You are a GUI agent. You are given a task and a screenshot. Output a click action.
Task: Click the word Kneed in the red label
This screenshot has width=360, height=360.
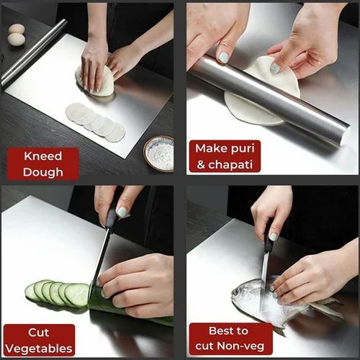(x=42, y=156)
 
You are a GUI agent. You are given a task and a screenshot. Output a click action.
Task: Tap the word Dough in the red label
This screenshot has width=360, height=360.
(x=42, y=171)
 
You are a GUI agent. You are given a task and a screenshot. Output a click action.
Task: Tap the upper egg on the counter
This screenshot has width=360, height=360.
(x=16, y=30)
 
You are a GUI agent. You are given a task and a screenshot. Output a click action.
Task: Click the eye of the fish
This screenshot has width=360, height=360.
(x=240, y=291)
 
